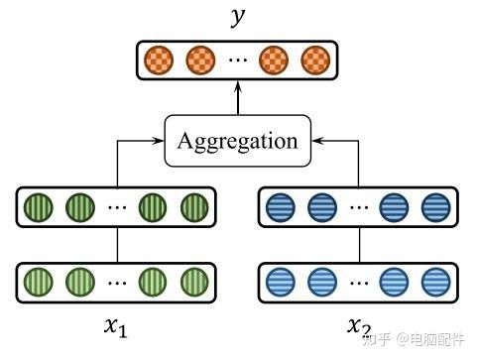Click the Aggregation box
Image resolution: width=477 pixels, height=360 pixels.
tap(237, 140)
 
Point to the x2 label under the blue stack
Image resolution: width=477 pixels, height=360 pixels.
tap(359, 328)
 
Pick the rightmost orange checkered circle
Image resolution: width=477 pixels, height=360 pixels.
tap(314, 59)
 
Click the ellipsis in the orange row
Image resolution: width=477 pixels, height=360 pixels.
tap(237, 60)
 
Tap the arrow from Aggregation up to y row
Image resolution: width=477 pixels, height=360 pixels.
tap(237, 99)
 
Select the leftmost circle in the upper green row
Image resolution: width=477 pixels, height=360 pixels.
tap(40, 208)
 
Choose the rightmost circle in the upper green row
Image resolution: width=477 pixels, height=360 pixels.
tap(193, 208)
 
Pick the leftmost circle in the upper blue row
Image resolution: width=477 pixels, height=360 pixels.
tap(282, 208)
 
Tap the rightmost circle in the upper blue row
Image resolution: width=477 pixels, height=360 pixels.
tap(435, 208)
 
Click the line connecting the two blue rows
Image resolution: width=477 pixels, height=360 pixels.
tap(358, 244)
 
